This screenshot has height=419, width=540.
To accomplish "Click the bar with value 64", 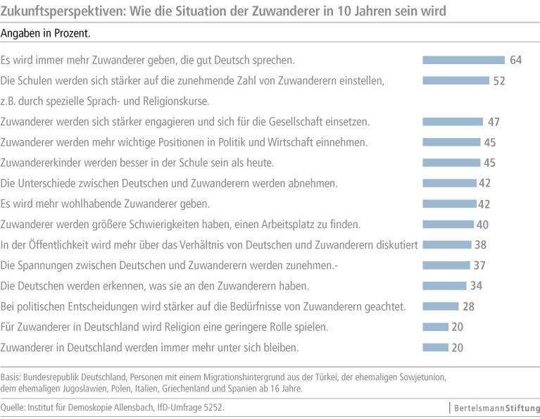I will (x=463, y=60).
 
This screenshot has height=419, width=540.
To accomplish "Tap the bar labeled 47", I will (x=452, y=122).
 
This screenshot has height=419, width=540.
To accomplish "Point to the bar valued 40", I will (x=447, y=225).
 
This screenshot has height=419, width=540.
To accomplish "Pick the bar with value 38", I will (x=445, y=245).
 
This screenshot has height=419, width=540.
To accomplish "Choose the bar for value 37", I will (x=445, y=265).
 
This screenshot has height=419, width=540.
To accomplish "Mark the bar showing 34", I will (x=444, y=286).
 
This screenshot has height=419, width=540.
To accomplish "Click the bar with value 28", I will (x=440, y=306).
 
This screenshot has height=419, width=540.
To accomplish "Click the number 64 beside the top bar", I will (x=515, y=60).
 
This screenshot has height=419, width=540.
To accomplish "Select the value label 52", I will (x=499, y=80).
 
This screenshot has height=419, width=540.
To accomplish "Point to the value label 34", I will (x=477, y=286).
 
